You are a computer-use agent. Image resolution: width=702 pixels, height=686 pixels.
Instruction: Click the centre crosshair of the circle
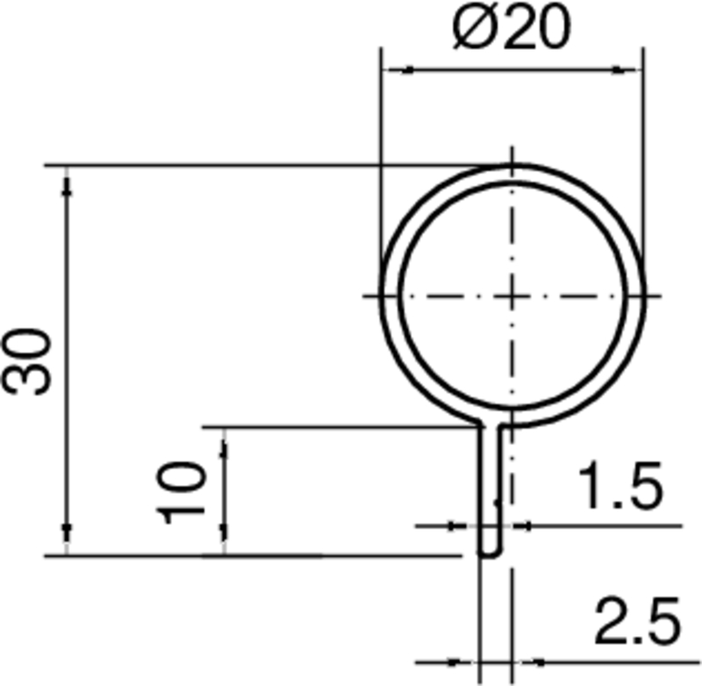[511, 297]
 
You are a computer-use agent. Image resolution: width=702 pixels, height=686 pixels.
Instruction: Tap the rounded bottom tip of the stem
[490, 554]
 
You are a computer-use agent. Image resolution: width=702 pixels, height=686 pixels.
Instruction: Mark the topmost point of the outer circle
[511, 165]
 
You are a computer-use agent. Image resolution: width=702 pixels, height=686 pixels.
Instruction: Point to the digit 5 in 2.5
[662, 622]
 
